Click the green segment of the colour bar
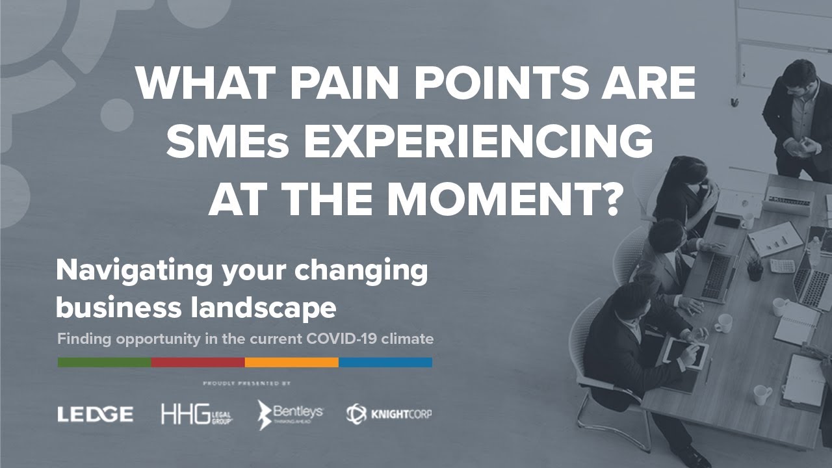104,362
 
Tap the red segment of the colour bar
198,362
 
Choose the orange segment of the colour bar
291,362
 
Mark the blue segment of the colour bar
385,362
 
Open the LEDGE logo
95,414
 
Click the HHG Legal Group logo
197,414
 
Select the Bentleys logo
290,414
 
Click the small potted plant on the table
755,268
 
